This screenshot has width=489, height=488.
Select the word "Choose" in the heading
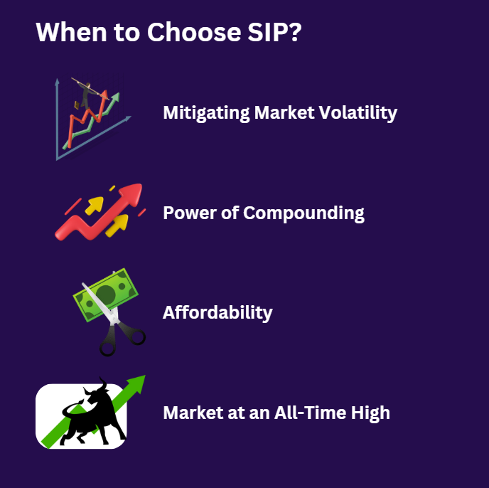coord(178,33)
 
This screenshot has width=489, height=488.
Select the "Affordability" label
coord(217,312)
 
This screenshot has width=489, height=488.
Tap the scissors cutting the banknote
coord(114,327)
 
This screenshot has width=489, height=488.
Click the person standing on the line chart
coord(86,93)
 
